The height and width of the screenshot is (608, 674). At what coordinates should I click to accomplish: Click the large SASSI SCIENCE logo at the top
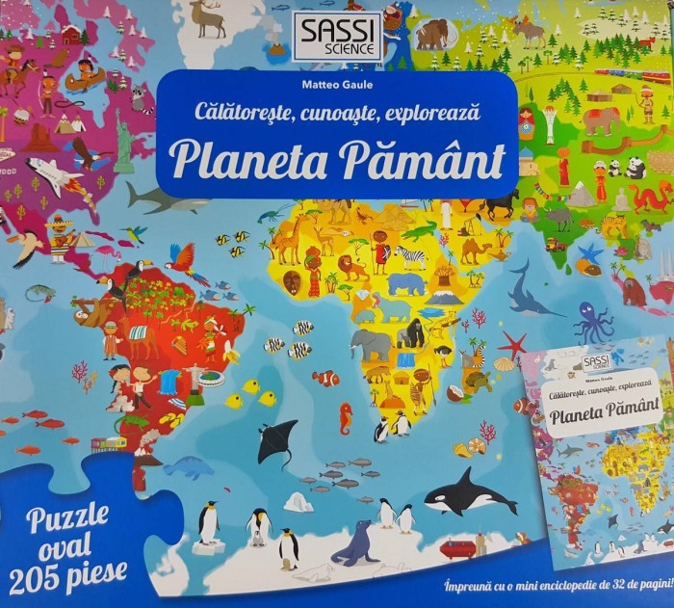tap(338, 37)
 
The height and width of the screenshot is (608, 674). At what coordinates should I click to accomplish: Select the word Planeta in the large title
tap(240, 158)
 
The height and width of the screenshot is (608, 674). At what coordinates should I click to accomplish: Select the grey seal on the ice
tap(359, 543)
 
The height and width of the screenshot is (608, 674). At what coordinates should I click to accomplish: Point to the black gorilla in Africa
tap(411, 333)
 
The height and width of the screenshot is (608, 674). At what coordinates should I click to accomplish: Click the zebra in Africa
tap(411, 256)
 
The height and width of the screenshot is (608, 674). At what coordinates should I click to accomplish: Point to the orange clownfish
tap(325, 378)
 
